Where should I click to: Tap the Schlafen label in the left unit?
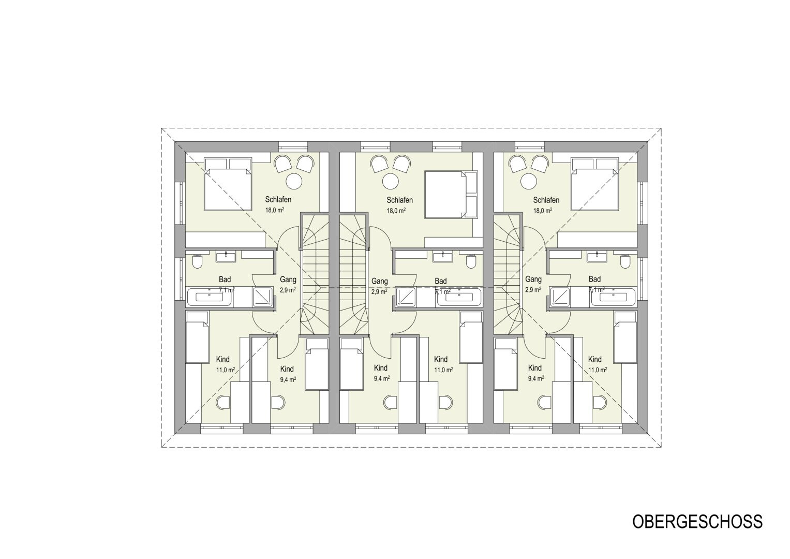tap(278, 199)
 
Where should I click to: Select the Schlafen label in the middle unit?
tap(399, 200)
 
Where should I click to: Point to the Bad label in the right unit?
tap(594, 279)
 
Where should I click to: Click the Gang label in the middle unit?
tap(380, 281)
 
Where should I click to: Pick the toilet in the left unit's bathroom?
tap(197, 261)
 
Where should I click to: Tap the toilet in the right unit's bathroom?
tap(625, 261)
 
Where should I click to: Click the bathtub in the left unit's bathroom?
tap(210, 297)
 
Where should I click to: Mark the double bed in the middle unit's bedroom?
tap(451, 195)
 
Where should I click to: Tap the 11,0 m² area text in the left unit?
tap(226, 370)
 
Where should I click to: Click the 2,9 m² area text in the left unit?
tap(288, 290)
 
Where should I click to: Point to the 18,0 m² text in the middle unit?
tap(396, 211)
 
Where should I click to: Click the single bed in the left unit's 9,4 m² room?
tap(316, 364)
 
